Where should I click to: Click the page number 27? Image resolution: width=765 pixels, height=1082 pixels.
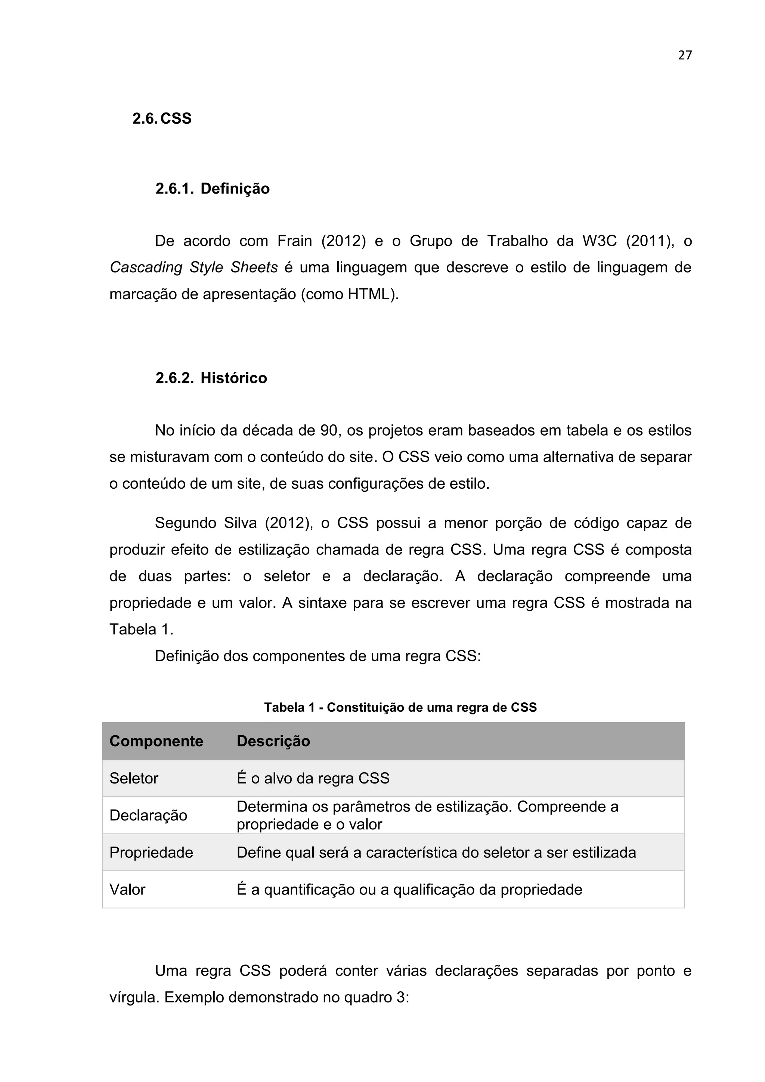pyautogui.click(x=684, y=56)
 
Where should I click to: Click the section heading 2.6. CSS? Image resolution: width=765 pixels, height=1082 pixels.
pyautogui.click(x=162, y=118)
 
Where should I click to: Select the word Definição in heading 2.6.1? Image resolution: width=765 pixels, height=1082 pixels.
pyautogui.click(x=235, y=189)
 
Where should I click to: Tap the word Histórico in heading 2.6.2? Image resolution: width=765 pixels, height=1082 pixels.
pyautogui.click(x=233, y=378)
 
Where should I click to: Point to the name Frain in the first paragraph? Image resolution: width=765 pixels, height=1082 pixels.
pyautogui.click(x=294, y=241)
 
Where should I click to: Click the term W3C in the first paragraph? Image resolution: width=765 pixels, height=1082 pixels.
pyautogui.click(x=599, y=241)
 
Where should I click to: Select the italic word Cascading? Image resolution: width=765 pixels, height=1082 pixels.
pyautogui.click(x=146, y=268)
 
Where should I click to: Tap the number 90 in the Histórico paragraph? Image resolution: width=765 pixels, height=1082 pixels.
pyautogui.click(x=329, y=431)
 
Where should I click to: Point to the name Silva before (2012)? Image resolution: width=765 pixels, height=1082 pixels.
pyautogui.click(x=240, y=523)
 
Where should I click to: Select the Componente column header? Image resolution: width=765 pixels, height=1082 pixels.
pyautogui.click(x=156, y=741)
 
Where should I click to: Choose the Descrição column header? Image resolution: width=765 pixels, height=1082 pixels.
pyautogui.click(x=273, y=741)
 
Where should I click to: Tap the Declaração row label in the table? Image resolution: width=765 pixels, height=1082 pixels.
pyautogui.click(x=148, y=815)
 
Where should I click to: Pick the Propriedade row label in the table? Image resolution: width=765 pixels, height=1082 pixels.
pyautogui.click(x=151, y=853)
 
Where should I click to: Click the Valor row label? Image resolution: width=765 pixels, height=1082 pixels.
pyautogui.click(x=127, y=890)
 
